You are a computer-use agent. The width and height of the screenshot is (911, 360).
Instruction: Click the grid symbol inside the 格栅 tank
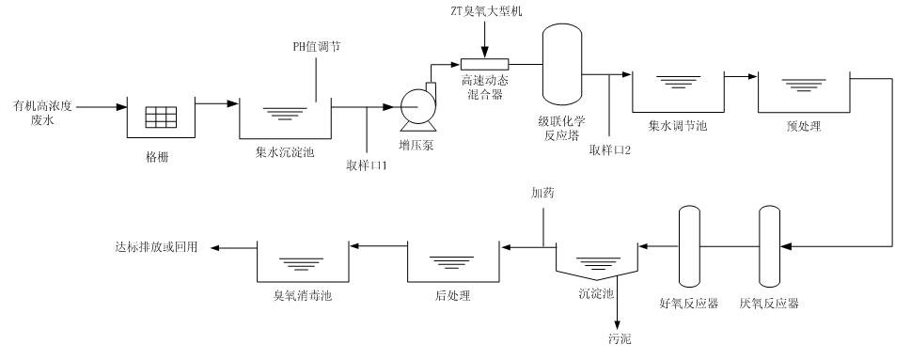pyautogui.click(x=162, y=117)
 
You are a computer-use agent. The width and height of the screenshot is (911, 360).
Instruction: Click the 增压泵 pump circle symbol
pyautogui.click(x=415, y=109)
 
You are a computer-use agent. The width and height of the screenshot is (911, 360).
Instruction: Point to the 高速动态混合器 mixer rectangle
pyautogui.click(x=483, y=64)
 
